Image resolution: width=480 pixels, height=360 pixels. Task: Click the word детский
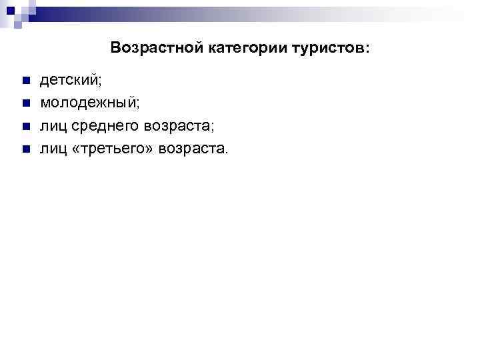coord(69,81)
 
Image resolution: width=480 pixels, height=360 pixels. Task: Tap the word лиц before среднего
coord(51,126)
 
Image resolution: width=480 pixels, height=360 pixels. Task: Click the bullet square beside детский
coord(25,81)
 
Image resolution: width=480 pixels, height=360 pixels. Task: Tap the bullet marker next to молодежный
coord(25,104)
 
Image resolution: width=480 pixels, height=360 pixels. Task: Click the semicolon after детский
coord(101,83)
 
